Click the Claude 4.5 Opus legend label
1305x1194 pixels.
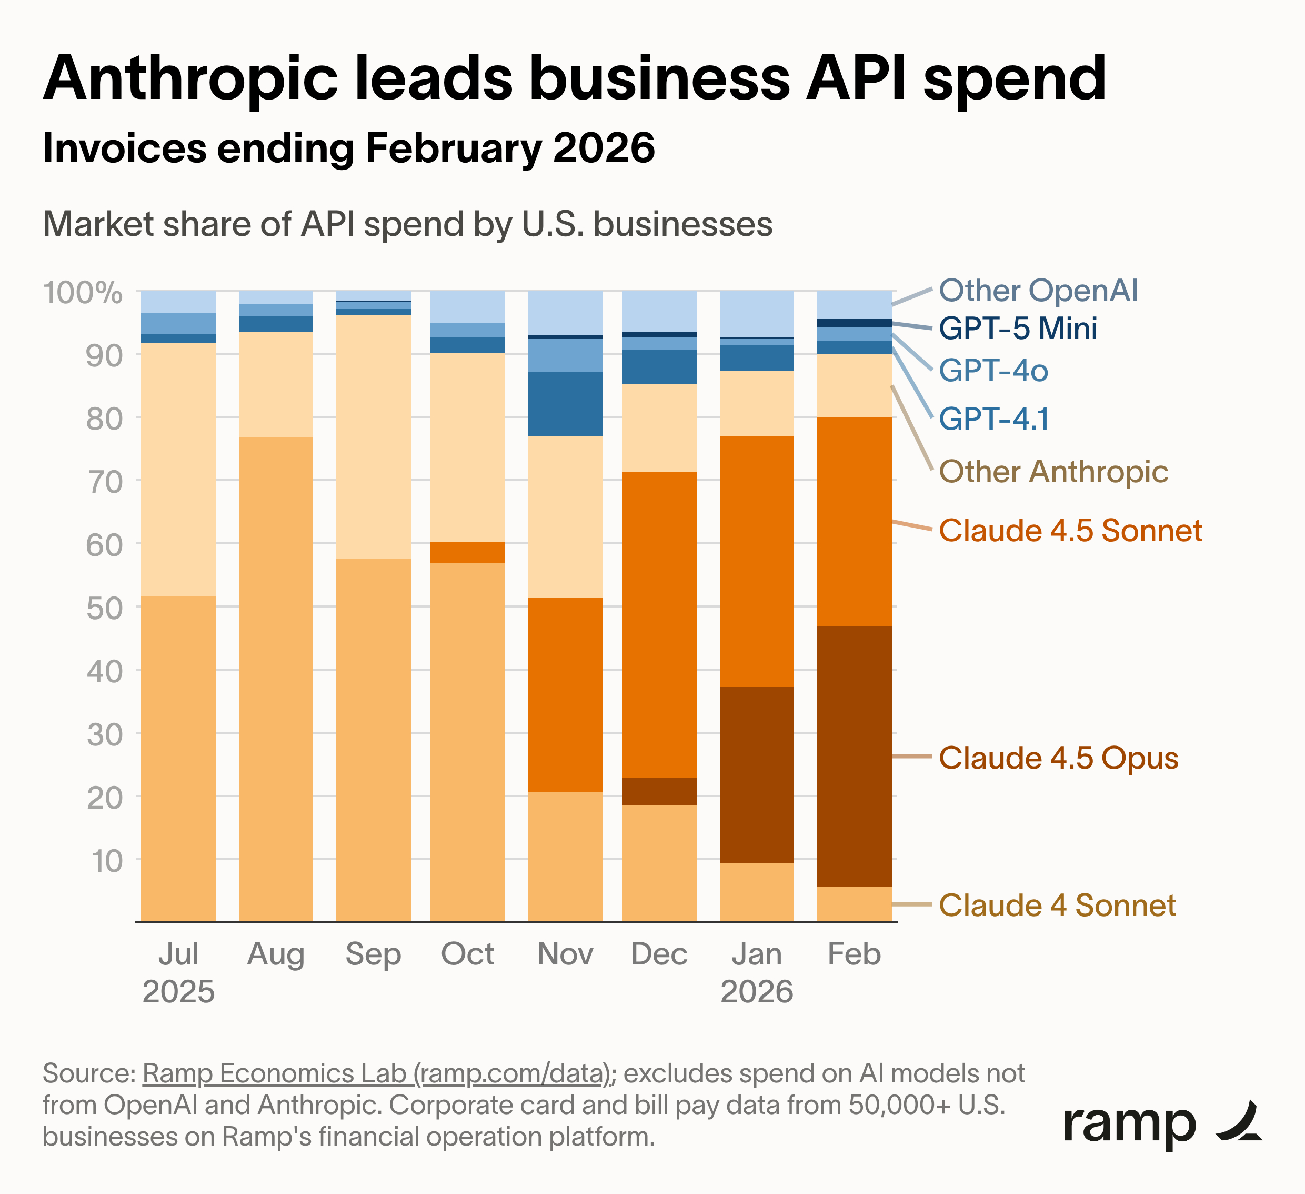click(1058, 758)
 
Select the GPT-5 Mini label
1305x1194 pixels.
click(1018, 329)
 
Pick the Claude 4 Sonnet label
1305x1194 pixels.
click(1057, 904)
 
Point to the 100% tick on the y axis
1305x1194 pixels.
click(82, 293)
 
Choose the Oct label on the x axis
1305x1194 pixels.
click(467, 954)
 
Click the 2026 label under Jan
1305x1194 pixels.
click(757, 991)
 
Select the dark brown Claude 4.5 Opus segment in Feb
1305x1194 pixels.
click(854, 755)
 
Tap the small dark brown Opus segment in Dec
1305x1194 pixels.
click(659, 791)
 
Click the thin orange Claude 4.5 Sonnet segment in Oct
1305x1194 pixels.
click(467, 552)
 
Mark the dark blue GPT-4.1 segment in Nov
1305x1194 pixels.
click(565, 403)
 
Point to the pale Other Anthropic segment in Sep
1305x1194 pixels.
click(373, 436)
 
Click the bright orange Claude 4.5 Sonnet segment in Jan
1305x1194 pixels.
click(757, 561)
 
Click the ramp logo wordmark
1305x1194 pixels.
click(1130, 1123)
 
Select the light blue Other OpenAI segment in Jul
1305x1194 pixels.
click(178, 301)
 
